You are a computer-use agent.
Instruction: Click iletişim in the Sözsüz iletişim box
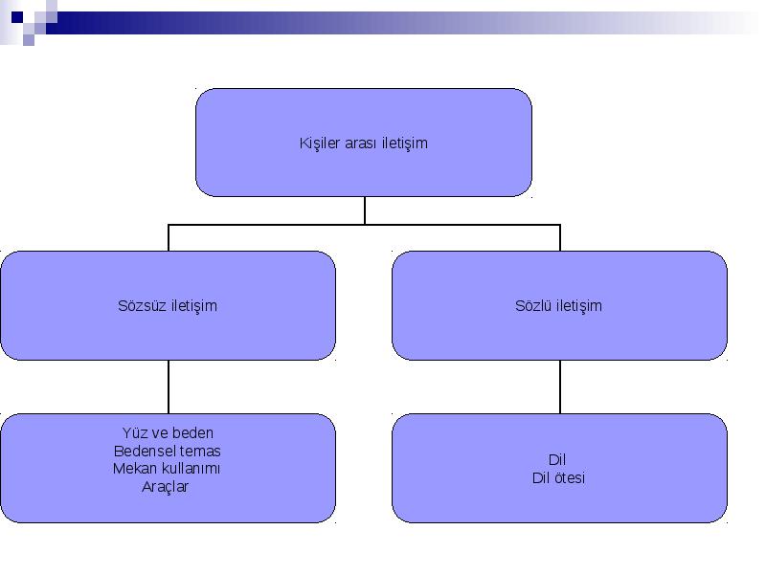[x=194, y=306]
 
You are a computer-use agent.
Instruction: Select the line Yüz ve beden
[x=168, y=433]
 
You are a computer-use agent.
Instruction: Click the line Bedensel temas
[x=167, y=451]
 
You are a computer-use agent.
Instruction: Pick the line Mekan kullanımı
[x=167, y=469]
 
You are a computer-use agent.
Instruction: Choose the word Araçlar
[x=165, y=487]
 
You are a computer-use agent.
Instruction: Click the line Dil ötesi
[x=558, y=477]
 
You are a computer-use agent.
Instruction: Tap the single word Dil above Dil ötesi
[x=557, y=460]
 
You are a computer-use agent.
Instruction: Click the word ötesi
[x=568, y=477]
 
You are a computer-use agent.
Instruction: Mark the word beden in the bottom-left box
[x=193, y=433]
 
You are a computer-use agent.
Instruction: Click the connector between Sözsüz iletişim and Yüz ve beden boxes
[x=169, y=387]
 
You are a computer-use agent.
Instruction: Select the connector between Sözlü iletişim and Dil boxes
[x=560, y=387]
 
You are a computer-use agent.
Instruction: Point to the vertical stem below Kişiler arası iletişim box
[x=365, y=210]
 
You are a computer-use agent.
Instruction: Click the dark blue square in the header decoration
[x=17, y=17]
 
